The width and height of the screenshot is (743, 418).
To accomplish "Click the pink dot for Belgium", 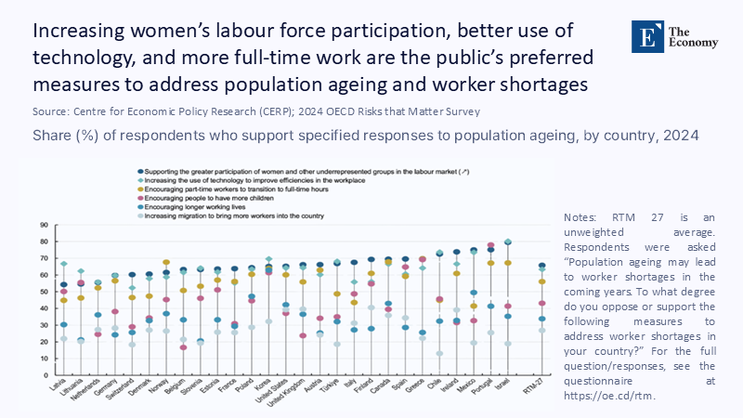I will [183, 347].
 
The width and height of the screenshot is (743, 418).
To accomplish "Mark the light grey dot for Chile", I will [439, 353].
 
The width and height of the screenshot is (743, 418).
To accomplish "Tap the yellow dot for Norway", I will [166, 263].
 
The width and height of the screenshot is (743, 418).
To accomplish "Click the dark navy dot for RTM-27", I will [542, 266].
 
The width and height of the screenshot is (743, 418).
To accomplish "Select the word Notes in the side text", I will [580, 216].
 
